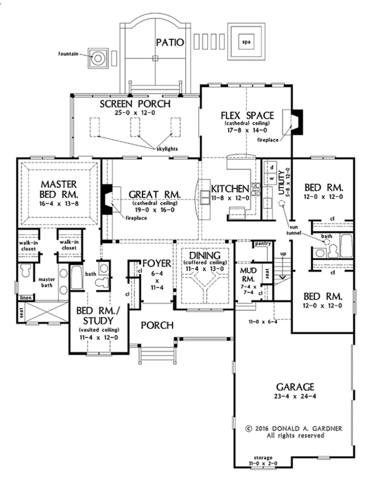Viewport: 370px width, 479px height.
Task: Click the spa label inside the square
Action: point(246,42)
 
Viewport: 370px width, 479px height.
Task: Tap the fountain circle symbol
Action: point(98,58)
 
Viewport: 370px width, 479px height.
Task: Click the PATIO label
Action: point(170,42)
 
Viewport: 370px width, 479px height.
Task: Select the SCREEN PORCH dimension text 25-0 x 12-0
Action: point(135,113)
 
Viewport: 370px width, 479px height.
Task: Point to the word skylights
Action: point(167,149)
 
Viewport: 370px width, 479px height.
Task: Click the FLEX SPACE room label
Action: point(247,116)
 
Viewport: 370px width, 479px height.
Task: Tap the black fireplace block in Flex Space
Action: point(297,122)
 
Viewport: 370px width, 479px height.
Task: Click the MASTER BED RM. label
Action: point(59,189)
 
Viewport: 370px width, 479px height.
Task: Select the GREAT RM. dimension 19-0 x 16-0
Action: point(155,210)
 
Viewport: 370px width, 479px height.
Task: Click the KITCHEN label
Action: point(230,188)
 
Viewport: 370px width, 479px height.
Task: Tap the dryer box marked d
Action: point(272,167)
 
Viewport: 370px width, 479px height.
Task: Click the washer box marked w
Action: point(272,178)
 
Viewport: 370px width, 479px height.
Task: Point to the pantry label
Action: point(263,243)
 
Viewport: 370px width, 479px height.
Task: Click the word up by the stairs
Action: point(283,254)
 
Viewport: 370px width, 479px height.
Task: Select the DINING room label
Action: point(205,256)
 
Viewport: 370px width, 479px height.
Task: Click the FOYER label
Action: point(157,263)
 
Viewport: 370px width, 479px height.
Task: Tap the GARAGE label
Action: point(295,387)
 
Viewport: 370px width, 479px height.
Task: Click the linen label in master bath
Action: point(26,297)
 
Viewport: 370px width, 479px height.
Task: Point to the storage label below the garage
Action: point(263,457)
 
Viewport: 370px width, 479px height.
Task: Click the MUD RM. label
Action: point(248,275)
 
